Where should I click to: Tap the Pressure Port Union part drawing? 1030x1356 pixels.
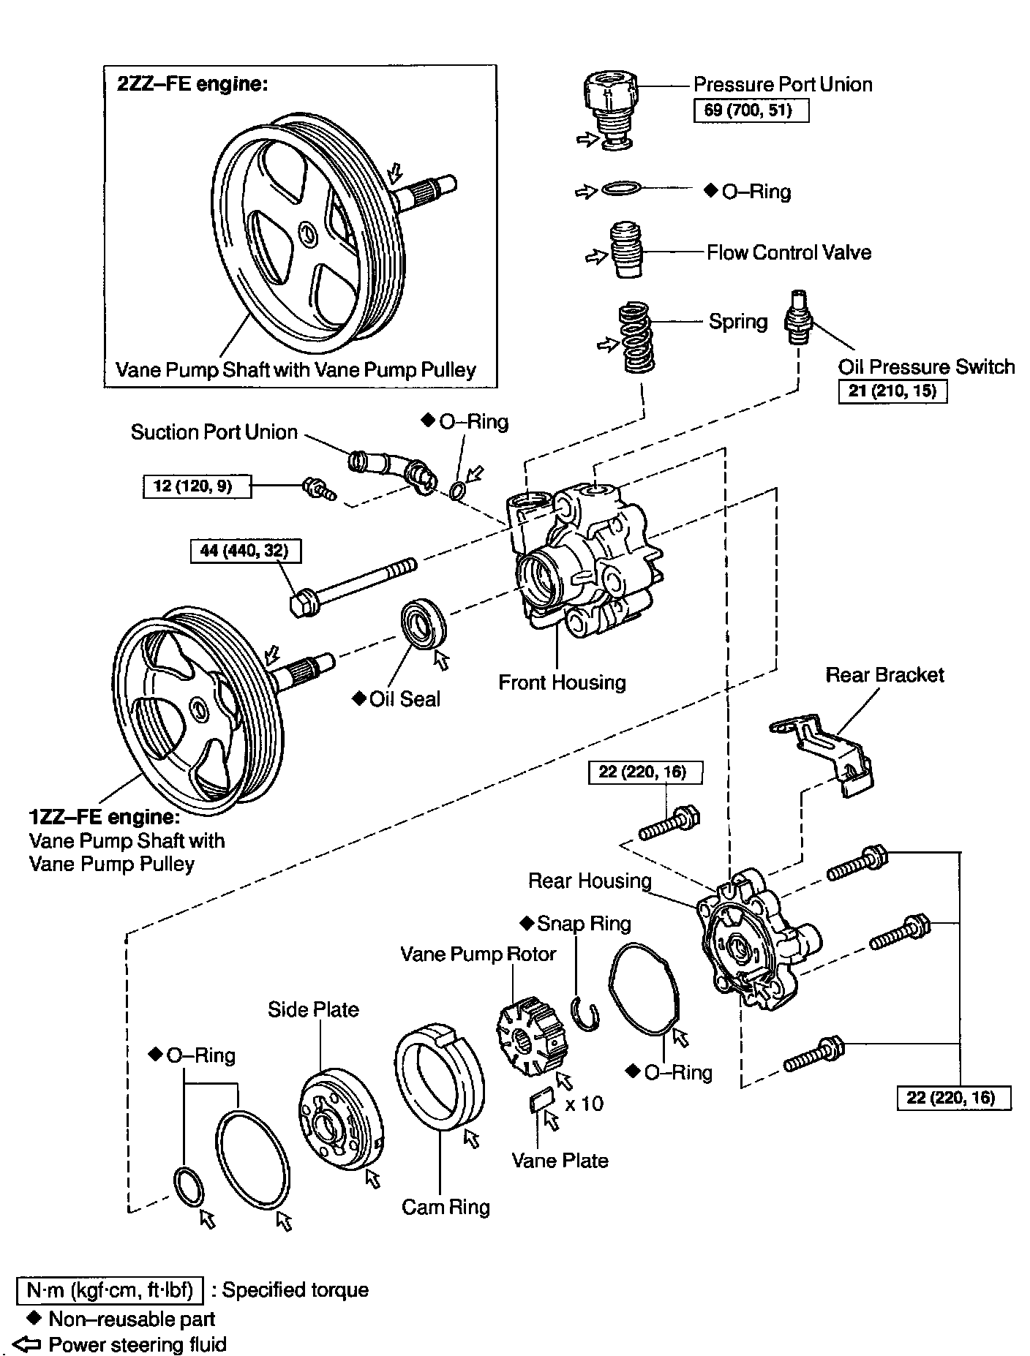[x=612, y=105]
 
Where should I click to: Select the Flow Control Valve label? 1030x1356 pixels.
[x=789, y=253]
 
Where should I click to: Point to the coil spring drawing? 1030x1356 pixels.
[x=636, y=338]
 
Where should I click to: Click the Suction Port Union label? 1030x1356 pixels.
[x=214, y=432]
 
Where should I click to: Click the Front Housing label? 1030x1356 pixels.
[x=562, y=682]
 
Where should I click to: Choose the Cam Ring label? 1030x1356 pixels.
[x=446, y=1207]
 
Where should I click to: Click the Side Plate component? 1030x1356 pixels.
[x=341, y=1120]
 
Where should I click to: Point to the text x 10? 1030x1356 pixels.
[x=584, y=1104]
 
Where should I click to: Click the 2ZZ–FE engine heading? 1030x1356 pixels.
[x=192, y=83]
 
